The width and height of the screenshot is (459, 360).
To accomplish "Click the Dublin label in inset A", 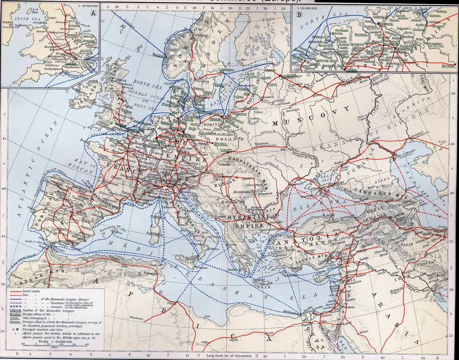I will coord(6,22).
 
